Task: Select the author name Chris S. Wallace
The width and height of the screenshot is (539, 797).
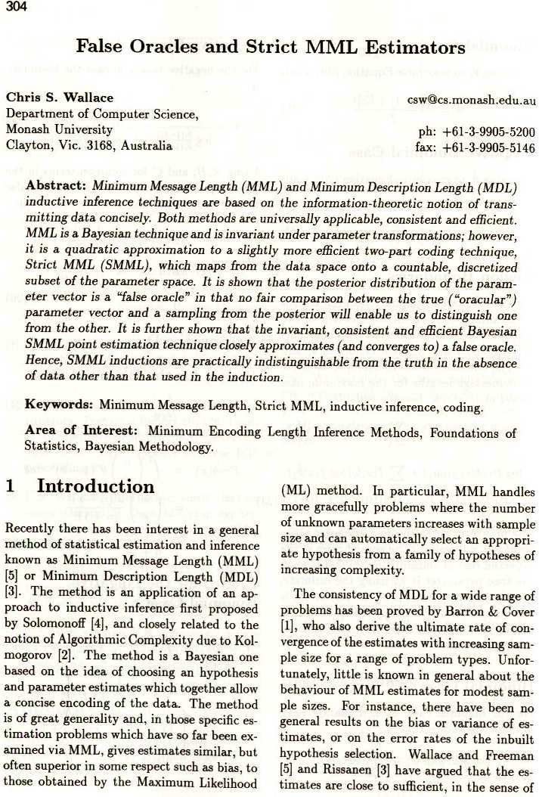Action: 60,98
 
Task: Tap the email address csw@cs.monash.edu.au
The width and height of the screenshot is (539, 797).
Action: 471,100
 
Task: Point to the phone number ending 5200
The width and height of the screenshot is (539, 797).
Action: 476,131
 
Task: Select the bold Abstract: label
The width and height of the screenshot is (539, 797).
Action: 57,186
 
